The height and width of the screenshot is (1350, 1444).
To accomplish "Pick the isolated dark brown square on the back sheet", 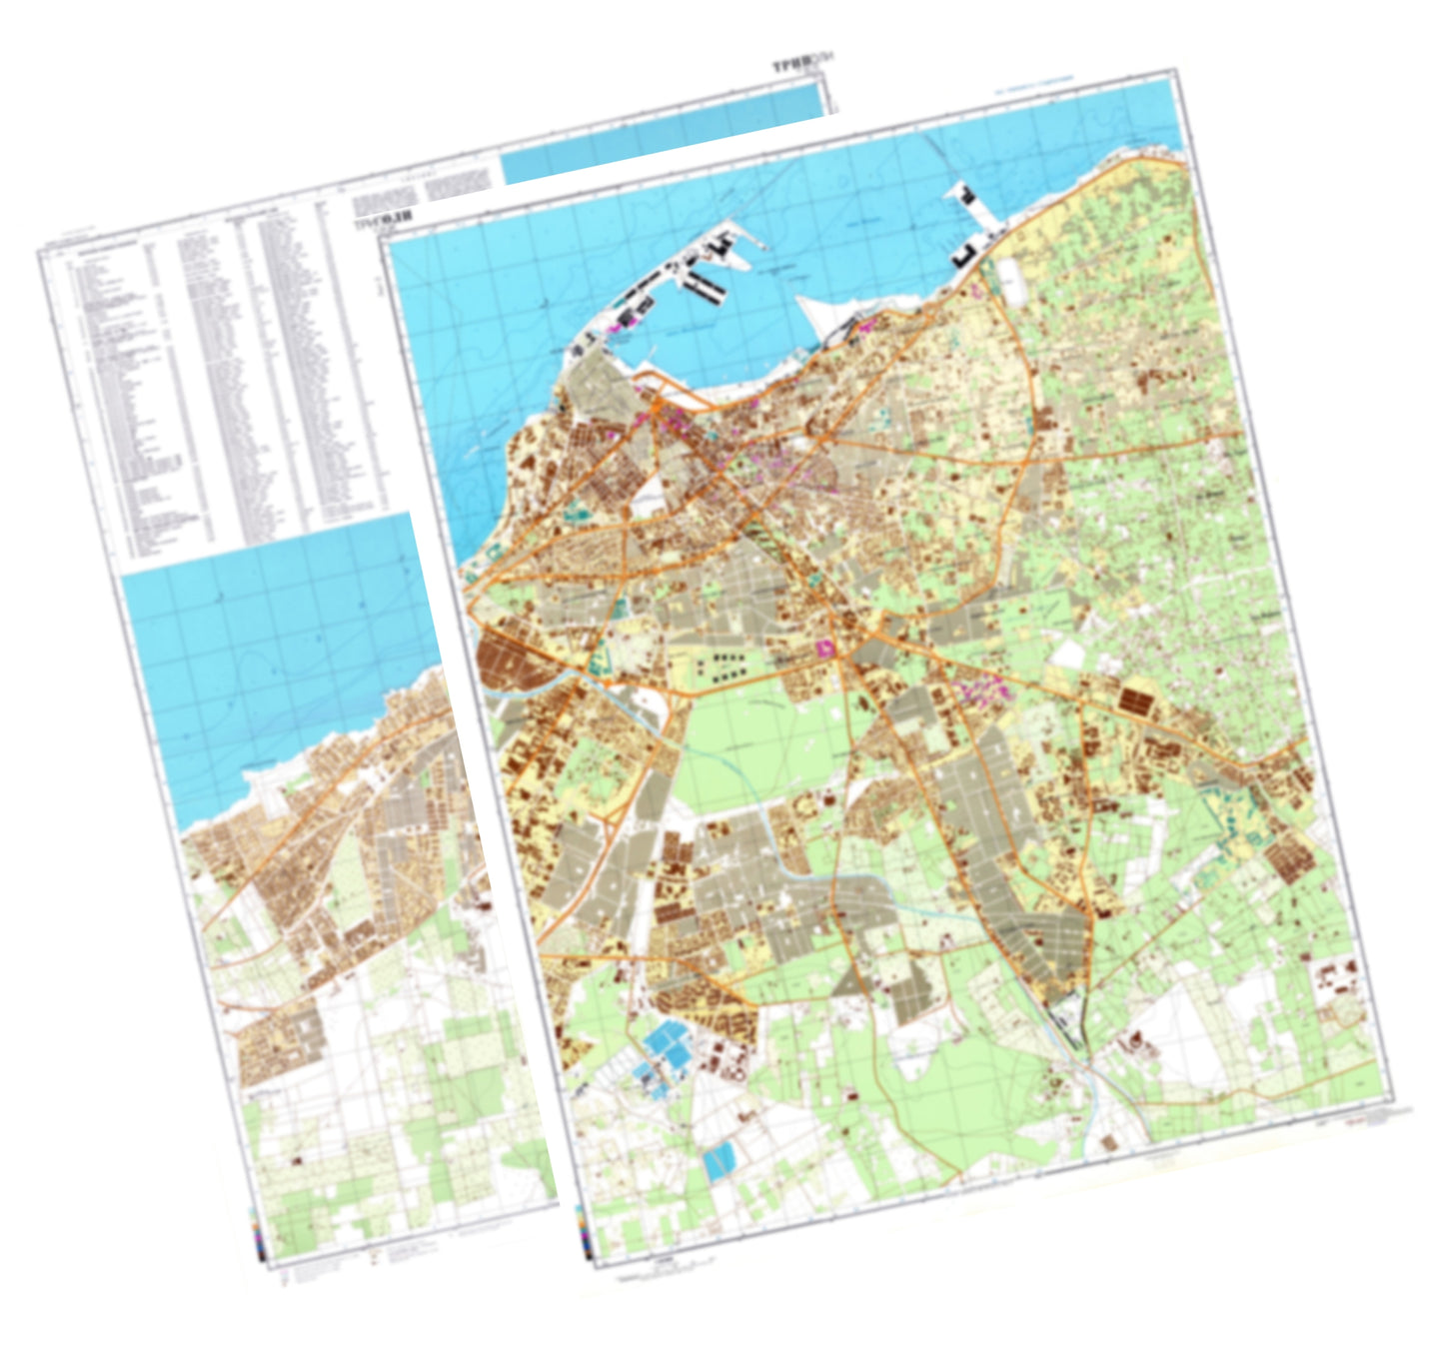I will (x=297, y=1161).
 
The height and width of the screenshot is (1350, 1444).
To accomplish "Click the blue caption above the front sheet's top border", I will (x=1034, y=87).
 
